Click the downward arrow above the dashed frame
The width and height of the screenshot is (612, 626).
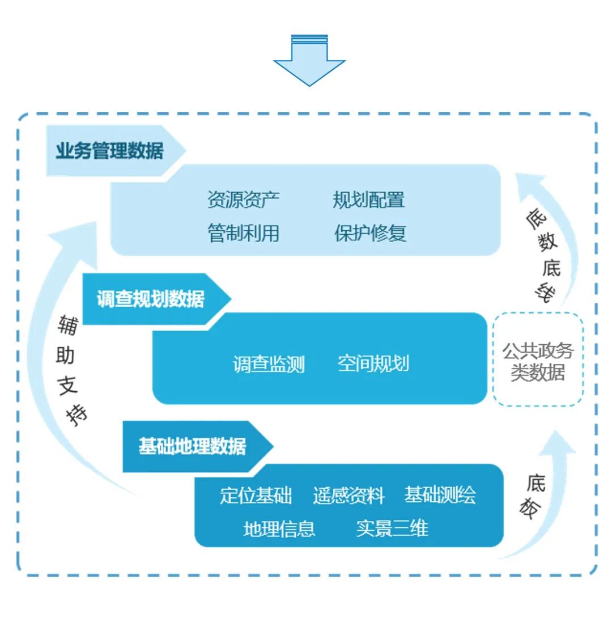pos(309,61)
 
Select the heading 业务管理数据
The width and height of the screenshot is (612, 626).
pos(109,151)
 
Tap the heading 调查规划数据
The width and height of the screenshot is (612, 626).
pos(150,299)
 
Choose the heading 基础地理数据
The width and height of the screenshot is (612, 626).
pos(192,446)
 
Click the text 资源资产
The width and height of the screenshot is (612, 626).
pos(243,200)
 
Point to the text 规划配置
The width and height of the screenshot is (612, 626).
pos(369,200)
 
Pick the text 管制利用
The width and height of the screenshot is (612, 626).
pos(243,233)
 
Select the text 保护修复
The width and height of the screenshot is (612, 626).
pos(370,233)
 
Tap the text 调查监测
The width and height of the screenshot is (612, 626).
pos(269,364)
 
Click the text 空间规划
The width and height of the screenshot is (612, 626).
pos(373,363)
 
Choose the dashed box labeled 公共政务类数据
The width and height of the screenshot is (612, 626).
pos(538,360)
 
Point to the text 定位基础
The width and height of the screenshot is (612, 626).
pos(256,496)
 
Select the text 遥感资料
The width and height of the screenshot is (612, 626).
pos(348,496)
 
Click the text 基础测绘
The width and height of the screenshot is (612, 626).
pos(440,495)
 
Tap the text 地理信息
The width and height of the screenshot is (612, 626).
pos(279,529)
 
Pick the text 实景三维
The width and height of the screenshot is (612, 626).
pos(392,528)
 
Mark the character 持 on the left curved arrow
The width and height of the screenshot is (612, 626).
pos(77,416)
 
